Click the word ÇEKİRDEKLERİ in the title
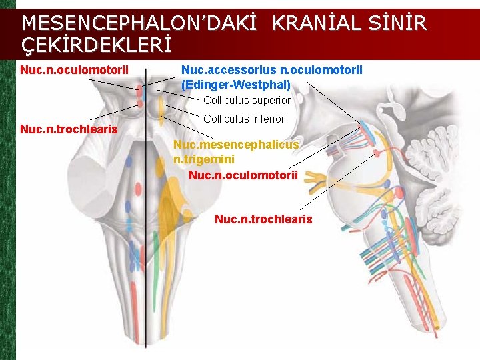(97, 45)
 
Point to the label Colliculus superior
(247, 101)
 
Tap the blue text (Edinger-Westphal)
(236, 85)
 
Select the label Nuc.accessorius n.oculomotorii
(272, 70)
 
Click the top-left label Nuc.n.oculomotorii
(74, 70)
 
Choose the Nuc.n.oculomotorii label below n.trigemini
(243, 175)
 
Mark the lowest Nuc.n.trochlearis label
(263, 219)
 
